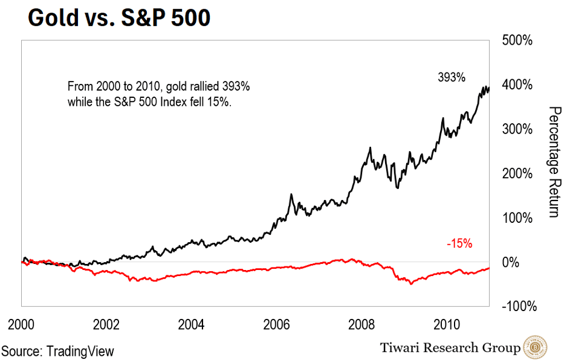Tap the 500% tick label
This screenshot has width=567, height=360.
click(518, 40)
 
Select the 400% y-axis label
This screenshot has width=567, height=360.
click(518, 85)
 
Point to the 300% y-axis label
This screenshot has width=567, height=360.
click(518, 129)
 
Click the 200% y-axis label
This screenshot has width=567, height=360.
click(518, 174)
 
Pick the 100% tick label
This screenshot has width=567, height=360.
click(518, 218)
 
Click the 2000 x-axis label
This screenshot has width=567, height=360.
click(21, 323)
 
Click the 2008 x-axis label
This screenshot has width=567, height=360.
click(363, 323)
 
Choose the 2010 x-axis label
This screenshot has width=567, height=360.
click(447, 323)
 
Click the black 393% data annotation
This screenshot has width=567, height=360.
click(452, 77)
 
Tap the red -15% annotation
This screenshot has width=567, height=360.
click(459, 244)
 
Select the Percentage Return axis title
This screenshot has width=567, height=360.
click(552, 161)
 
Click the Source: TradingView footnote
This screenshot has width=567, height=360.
click(58, 351)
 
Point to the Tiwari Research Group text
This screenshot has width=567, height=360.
click(450, 347)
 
